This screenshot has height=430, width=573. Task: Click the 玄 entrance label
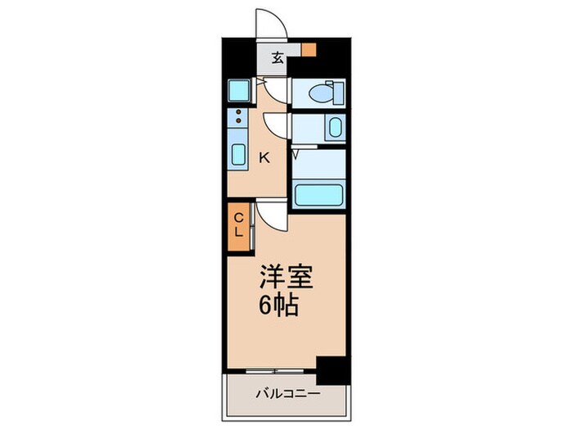pyautogui.click(x=278, y=57)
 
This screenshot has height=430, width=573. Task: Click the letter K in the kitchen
pyautogui.click(x=264, y=159)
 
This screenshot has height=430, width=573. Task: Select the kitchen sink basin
pyautogui.click(x=239, y=154)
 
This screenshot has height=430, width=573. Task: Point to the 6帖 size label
pyautogui.click(x=278, y=306)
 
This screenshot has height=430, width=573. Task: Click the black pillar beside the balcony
pyautogui.click(x=332, y=370)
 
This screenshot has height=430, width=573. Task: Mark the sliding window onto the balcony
pyautogui.click(x=270, y=369)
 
